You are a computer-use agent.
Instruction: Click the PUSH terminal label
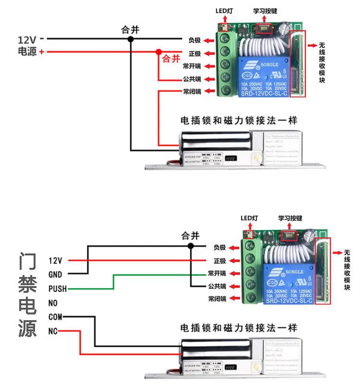click(x=58, y=289)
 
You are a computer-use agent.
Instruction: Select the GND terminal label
click(x=56, y=275)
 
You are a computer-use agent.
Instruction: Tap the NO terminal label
click(x=53, y=303)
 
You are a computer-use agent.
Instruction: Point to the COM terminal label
click(x=55, y=317)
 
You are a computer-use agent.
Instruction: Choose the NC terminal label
click(x=53, y=332)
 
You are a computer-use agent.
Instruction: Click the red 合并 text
click(x=171, y=59)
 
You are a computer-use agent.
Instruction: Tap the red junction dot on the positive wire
click(x=158, y=51)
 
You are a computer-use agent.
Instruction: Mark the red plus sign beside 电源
click(x=42, y=52)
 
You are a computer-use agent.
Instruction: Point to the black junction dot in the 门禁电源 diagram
click(x=191, y=246)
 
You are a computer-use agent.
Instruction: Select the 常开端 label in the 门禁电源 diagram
click(x=217, y=273)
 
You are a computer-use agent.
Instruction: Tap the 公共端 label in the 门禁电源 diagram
click(x=217, y=286)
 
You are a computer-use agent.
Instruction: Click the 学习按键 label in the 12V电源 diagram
click(x=265, y=11)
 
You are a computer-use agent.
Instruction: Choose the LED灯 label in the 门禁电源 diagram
click(x=249, y=218)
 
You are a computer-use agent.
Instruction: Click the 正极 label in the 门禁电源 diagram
click(x=220, y=261)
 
